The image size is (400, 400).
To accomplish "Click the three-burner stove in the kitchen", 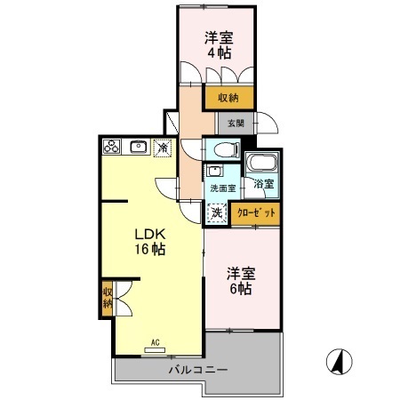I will click(x=111, y=148).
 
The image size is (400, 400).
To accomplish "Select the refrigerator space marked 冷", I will click(x=163, y=148).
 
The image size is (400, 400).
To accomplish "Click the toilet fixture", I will click(x=222, y=148).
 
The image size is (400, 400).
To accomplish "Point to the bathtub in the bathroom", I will click(x=261, y=164).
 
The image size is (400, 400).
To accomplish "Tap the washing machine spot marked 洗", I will click(x=217, y=213).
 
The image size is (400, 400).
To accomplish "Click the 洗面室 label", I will click(x=222, y=188).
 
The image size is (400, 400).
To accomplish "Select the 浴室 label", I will click(x=263, y=185).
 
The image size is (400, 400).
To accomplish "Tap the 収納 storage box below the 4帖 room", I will click(x=229, y=98).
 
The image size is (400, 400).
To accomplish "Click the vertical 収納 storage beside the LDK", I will click(x=108, y=298).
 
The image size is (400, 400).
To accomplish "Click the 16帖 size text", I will click(x=150, y=252).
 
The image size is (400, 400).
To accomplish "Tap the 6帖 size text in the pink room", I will click(x=238, y=290).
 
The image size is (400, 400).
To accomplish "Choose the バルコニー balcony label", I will click(x=198, y=369).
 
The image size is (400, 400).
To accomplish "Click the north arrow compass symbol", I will click(x=338, y=362).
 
